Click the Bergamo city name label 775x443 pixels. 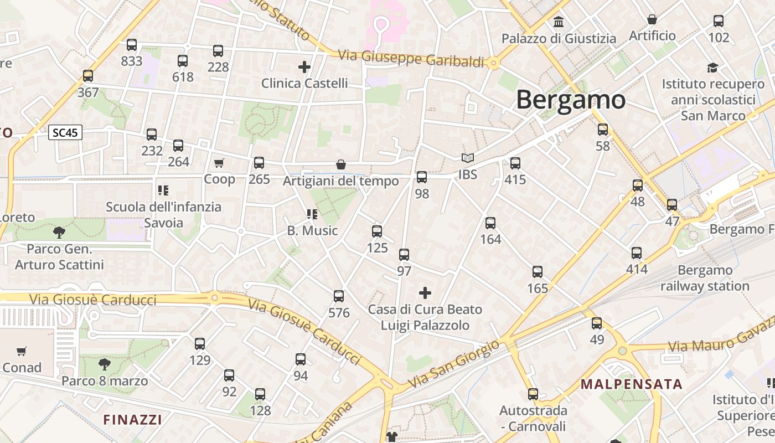(x=571, y=100)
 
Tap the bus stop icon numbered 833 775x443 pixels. (x=132, y=45)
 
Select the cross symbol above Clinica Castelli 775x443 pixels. (x=304, y=67)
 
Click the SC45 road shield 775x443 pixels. (x=65, y=133)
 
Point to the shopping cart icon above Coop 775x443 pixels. (x=219, y=163)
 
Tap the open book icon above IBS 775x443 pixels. (x=468, y=158)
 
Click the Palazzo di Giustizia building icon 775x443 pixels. (x=559, y=22)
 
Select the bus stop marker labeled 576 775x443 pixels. (x=339, y=296)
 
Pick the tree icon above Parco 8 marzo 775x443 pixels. (x=104, y=364)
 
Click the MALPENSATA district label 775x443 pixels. (x=631, y=384)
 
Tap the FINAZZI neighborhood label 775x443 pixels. (x=132, y=419)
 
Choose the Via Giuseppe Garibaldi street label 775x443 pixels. (x=411, y=58)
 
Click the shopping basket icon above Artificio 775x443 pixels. (x=652, y=19)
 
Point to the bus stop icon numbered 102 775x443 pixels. (x=719, y=21)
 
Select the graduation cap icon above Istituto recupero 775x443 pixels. (x=712, y=68)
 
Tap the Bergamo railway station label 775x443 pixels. (x=705, y=278)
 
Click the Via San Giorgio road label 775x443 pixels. (x=453, y=363)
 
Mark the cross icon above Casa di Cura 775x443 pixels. (x=425, y=292)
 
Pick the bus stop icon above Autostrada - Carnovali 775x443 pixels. (x=533, y=394)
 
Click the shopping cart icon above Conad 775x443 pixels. (x=22, y=351)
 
